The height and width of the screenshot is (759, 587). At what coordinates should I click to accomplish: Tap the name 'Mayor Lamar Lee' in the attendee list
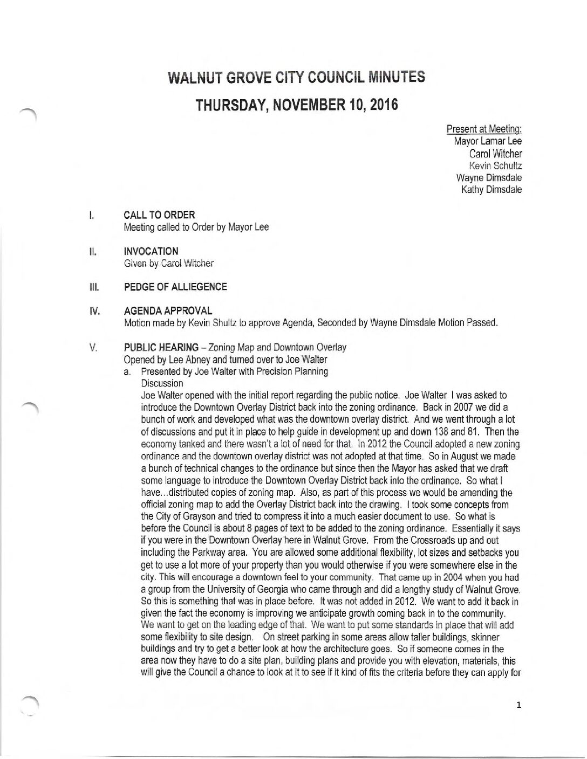(488, 141)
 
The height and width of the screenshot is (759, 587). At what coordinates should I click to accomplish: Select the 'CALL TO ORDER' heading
(159, 215)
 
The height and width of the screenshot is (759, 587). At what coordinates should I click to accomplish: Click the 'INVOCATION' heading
(151, 251)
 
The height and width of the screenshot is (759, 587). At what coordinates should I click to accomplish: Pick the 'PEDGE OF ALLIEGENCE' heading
(175, 287)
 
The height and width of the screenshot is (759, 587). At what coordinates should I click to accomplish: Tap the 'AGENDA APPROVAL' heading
(168, 311)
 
